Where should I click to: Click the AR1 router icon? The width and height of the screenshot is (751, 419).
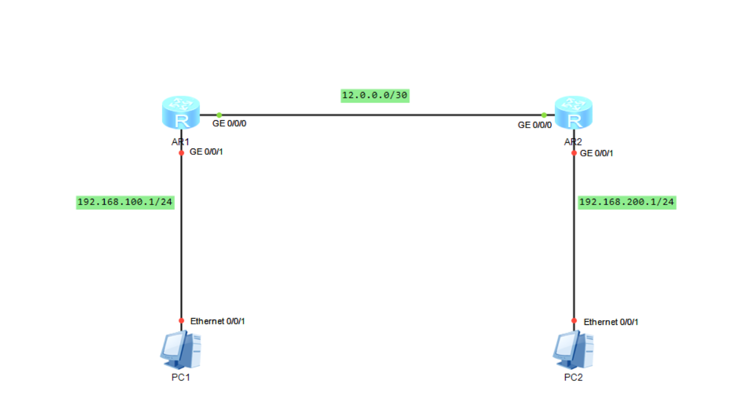pyautogui.click(x=181, y=112)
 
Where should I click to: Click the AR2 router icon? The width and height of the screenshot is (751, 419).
pyautogui.click(x=574, y=112)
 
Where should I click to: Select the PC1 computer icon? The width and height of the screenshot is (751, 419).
pyautogui.click(x=181, y=349)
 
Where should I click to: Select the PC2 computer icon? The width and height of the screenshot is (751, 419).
pyautogui.click(x=573, y=349)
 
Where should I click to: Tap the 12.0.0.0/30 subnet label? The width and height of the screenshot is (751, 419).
pyautogui.click(x=375, y=96)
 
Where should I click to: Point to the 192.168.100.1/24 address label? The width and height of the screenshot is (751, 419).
pyautogui.click(x=125, y=202)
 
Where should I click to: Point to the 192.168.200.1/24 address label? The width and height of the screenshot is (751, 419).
pyautogui.click(x=627, y=202)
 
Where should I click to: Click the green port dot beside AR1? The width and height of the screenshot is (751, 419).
pyautogui.click(x=219, y=115)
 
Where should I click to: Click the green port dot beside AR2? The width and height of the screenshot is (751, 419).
pyautogui.click(x=544, y=115)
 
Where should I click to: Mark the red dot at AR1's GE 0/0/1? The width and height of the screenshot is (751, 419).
pyautogui.click(x=182, y=153)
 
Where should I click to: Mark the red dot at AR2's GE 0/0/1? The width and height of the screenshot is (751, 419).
pyautogui.click(x=574, y=153)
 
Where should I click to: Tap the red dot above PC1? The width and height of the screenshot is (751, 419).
pyautogui.click(x=182, y=321)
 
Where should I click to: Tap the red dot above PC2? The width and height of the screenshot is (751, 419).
pyautogui.click(x=574, y=321)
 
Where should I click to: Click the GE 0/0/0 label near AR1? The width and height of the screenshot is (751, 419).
pyautogui.click(x=229, y=123)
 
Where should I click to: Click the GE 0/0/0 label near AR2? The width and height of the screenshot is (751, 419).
pyautogui.click(x=535, y=125)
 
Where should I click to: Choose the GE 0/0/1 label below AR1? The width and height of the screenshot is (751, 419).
pyautogui.click(x=206, y=152)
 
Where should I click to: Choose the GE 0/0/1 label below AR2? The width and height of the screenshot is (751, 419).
pyautogui.click(x=597, y=153)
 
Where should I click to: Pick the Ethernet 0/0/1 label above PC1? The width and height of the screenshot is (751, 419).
pyautogui.click(x=218, y=321)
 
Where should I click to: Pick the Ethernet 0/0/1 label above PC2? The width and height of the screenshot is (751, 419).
pyautogui.click(x=611, y=322)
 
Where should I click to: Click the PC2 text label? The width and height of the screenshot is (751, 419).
pyautogui.click(x=573, y=378)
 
